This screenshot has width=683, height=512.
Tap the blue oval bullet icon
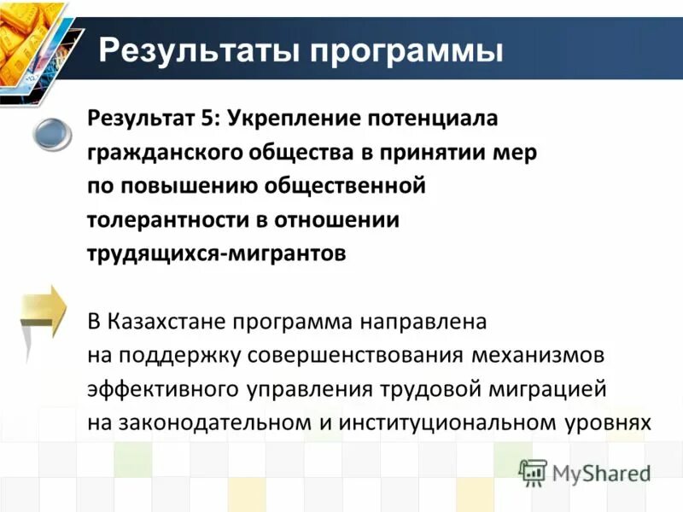54,135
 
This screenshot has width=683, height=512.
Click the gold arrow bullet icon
44,309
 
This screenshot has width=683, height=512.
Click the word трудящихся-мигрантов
217,254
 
